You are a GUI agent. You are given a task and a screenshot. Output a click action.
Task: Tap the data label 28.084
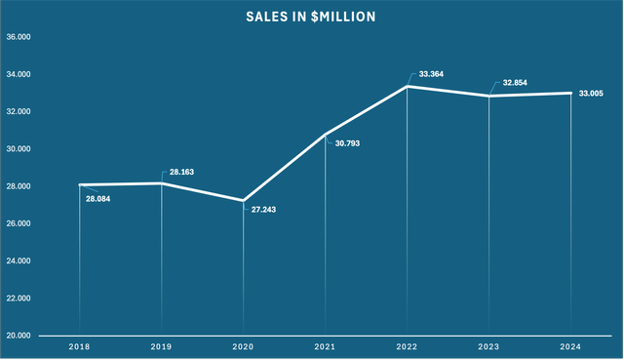point(99,199)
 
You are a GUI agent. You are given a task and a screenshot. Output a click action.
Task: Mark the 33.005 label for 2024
point(593,93)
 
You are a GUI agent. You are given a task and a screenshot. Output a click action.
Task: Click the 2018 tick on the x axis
point(80,346)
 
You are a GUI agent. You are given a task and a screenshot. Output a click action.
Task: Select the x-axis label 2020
point(243,346)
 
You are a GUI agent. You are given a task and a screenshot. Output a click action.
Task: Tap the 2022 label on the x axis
point(407,346)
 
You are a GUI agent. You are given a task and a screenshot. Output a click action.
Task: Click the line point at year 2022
point(407,87)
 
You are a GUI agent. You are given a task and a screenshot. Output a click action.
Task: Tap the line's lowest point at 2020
point(243,200)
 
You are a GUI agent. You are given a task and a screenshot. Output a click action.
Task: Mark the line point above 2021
point(325,135)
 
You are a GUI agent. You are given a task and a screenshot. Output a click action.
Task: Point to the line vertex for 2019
point(162,183)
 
